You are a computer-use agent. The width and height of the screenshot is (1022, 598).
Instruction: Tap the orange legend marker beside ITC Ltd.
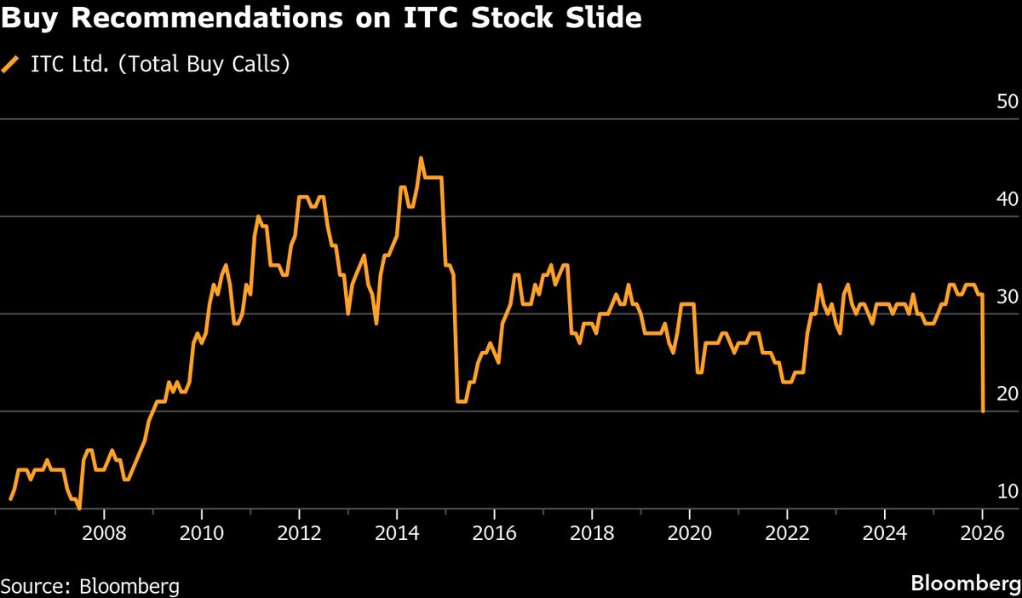tap(11, 65)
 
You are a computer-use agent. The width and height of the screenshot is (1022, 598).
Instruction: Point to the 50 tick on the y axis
tap(1007, 101)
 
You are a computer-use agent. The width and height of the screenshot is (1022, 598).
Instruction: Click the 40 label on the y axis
tap(1007, 198)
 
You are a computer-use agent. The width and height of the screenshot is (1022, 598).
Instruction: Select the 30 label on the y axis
tap(1007, 296)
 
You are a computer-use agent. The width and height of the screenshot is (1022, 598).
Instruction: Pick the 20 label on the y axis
tap(1007, 394)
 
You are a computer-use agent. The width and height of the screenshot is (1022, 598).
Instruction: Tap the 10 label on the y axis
tap(1007, 492)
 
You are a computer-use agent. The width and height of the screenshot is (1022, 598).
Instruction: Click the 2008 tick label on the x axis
tap(103, 536)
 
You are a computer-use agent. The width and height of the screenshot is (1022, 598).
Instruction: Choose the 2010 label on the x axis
tap(201, 536)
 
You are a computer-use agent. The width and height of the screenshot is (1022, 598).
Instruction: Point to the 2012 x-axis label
tap(299, 536)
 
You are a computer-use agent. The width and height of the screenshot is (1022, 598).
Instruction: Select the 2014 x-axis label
tap(396, 536)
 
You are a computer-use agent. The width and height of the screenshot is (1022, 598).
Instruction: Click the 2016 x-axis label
tap(494, 536)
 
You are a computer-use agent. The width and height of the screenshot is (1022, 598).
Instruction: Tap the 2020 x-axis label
tap(689, 536)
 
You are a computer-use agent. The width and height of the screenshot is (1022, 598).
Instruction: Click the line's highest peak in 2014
tap(421, 158)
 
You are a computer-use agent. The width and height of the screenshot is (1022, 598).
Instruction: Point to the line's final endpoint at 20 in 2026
tap(983, 411)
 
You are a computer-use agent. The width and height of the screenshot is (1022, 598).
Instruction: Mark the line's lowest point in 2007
tap(79, 508)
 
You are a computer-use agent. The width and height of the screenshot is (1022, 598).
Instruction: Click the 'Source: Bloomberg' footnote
tap(90, 586)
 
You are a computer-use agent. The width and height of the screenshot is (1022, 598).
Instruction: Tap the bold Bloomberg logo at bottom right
tap(965, 584)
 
